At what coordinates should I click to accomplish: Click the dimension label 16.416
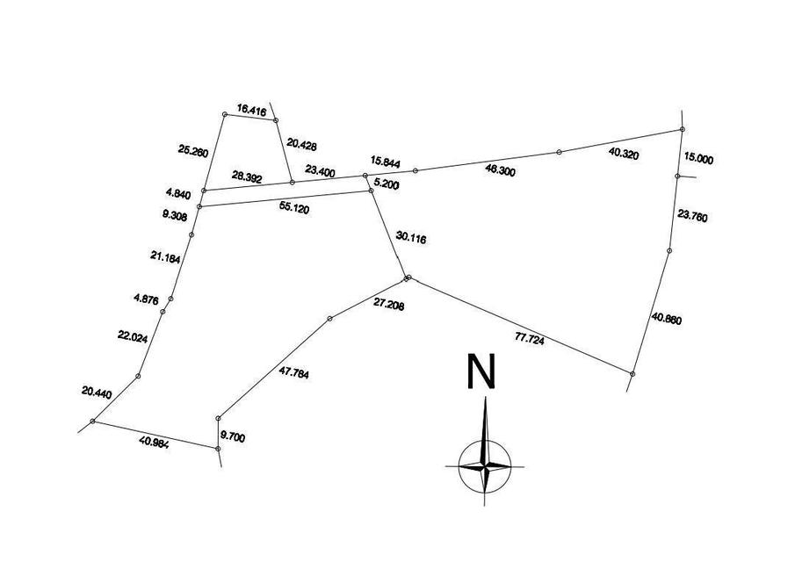coord(251,110)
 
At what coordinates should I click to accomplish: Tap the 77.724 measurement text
coord(530,340)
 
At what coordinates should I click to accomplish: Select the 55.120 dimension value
coord(294,208)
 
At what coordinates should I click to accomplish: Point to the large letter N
coord(481,371)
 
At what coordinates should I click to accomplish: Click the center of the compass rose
coord(485,465)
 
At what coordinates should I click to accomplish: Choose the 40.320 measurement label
coord(624,154)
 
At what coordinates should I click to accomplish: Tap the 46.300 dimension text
coord(500,170)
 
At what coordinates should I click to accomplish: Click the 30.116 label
coord(411,238)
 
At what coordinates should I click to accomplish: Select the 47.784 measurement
coord(293,372)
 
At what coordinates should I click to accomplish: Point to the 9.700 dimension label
coord(233,436)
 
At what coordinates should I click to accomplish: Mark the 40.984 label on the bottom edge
coord(154,443)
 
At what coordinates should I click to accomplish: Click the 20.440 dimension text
coord(97,393)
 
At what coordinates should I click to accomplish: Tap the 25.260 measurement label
coord(193,150)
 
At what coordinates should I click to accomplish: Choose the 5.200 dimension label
coord(387,184)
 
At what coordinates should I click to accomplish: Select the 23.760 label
coord(692,216)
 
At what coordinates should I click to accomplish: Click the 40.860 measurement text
coord(667,319)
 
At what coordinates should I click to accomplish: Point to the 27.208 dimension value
coord(389,305)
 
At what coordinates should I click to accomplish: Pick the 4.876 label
coord(146,299)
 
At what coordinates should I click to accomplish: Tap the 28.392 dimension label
coord(247,177)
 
